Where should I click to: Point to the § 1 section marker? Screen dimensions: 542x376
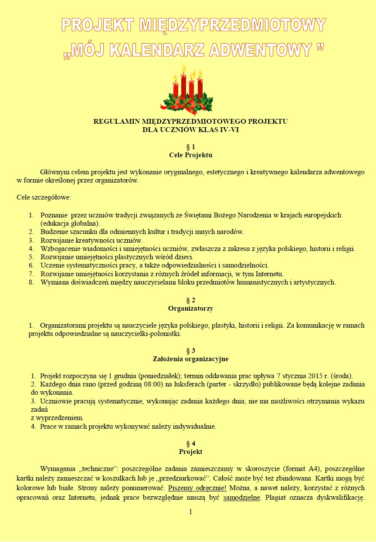[x=190, y=147]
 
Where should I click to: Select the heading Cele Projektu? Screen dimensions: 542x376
[x=190, y=155]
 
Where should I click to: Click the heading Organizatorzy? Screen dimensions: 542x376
[x=190, y=308]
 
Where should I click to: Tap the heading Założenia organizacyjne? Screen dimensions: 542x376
[x=190, y=359]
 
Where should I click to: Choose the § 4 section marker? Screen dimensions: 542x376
[x=190, y=444]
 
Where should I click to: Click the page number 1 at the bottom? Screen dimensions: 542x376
[x=190, y=512]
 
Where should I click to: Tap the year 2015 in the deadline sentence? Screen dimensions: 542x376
[x=316, y=376]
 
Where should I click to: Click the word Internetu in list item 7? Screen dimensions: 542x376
[x=269, y=274]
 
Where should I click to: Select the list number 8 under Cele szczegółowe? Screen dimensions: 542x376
[x=31, y=282]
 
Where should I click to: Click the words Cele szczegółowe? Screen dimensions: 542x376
[x=44, y=197]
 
